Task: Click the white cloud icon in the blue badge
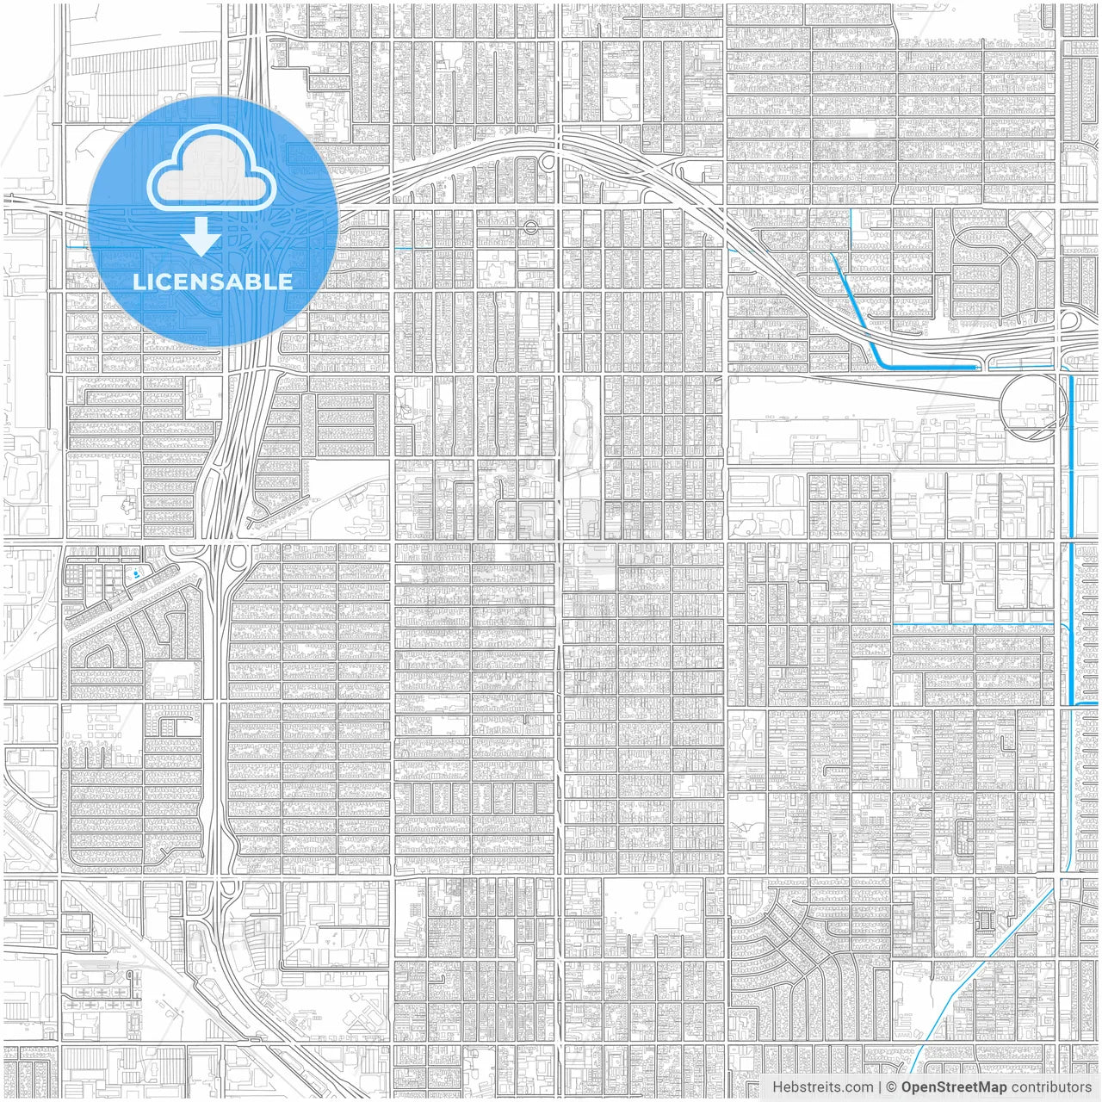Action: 211,172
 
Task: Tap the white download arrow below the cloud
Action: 201,236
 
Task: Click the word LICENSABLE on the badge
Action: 212,282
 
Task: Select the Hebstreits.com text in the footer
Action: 822,1087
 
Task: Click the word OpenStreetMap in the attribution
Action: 953,1087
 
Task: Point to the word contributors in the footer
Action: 1051,1087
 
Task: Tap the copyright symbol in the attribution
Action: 892,1087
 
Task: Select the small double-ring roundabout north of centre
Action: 530,228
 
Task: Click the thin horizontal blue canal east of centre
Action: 973,622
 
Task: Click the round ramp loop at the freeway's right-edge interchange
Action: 1070,319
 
